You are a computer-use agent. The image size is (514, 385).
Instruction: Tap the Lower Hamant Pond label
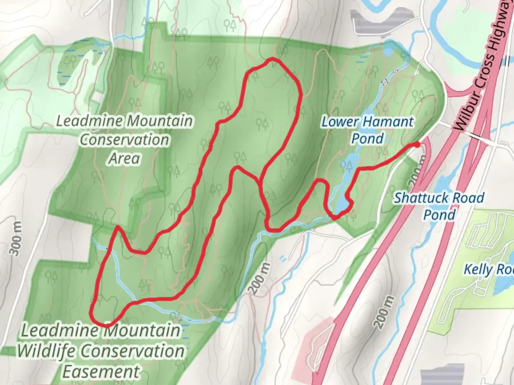367,130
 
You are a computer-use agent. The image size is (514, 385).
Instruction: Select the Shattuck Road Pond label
439,206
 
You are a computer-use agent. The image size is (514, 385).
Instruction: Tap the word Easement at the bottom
101,371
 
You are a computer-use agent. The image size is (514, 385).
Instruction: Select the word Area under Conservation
124,158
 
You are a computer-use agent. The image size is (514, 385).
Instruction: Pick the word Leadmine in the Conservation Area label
90,121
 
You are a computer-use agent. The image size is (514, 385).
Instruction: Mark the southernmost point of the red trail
106,325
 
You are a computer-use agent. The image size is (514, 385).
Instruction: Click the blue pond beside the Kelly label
503,285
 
